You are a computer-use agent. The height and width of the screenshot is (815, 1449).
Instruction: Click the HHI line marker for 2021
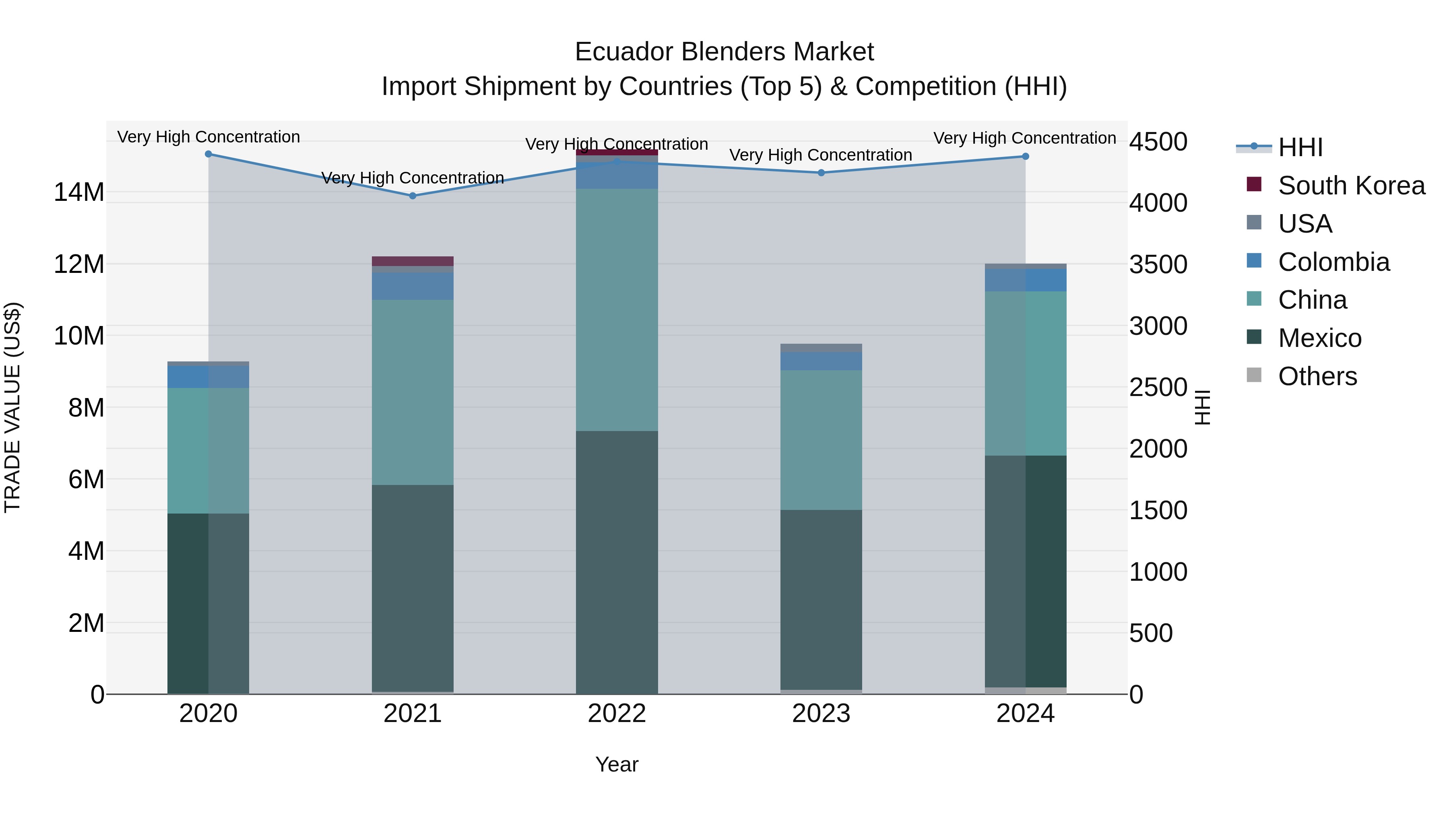click(x=412, y=196)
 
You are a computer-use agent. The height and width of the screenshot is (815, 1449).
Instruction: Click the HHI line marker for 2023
click(x=821, y=173)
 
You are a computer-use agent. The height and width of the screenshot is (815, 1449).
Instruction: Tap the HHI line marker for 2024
click(x=1025, y=157)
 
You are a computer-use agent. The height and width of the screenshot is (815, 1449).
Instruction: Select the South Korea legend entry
click(x=1351, y=186)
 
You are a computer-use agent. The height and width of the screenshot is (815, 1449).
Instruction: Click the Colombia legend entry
click(x=1333, y=262)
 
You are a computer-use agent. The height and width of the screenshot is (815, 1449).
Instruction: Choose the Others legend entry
click(x=1317, y=376)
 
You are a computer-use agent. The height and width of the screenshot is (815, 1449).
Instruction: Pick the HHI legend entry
click(x=1300, y=147)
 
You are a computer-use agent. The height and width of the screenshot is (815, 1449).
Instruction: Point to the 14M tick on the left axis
click(x=79, y=192)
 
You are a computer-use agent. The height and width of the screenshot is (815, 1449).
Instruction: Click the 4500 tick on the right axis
click(x=1158, y=142)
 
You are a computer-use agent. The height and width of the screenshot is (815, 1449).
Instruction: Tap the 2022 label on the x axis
click(x=617, y=714)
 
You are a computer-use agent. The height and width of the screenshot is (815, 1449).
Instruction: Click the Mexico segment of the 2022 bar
click(x=617, y=563)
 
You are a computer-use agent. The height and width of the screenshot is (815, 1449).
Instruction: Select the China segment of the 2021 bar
click(x=412, y=392)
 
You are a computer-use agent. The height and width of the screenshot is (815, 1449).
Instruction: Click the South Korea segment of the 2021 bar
click(x=412, y=261)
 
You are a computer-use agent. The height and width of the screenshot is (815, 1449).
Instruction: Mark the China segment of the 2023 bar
click(x=821, y=440)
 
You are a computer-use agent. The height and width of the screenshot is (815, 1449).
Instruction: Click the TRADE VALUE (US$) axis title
click(x=12, y=407)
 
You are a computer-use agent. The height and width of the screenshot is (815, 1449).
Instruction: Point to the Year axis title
click(x=617, y=764)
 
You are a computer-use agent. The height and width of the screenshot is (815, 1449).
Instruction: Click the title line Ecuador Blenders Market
click(x=724, y=52)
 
